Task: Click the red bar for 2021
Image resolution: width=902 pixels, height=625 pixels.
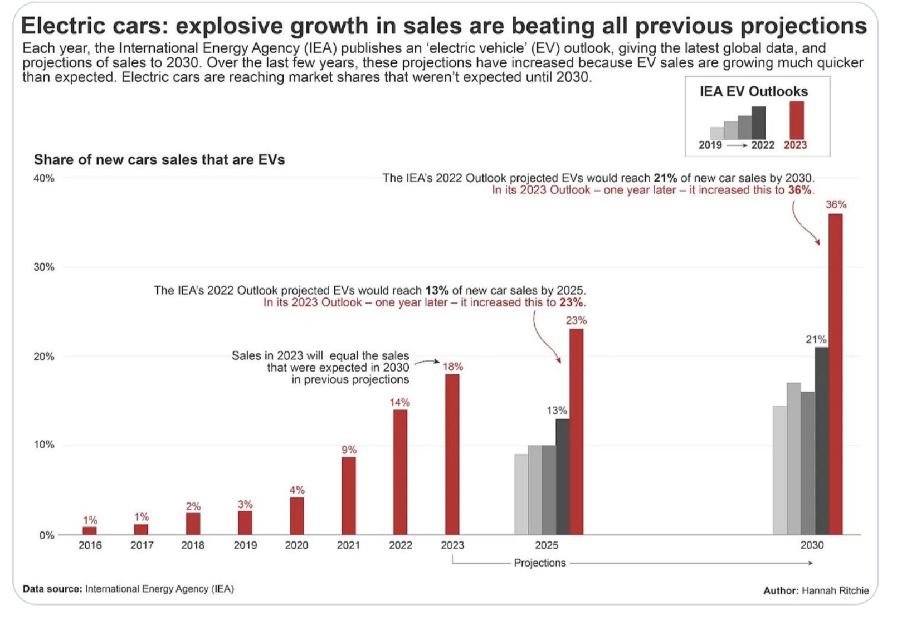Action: (349, 495)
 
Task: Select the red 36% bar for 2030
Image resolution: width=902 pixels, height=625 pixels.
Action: (835, 374)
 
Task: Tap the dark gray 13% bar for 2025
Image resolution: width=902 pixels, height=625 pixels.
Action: (562, 476)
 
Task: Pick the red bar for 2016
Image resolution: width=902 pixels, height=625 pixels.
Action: (90, 530)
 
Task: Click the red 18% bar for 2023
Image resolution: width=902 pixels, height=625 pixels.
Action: (452, 454)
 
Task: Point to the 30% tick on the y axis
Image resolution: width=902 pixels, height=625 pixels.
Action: (44, 267)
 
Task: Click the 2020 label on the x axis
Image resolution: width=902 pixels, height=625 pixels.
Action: (296, 545)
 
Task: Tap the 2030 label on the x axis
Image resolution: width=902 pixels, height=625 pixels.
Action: (812, 545)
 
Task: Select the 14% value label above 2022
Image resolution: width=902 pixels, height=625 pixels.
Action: (399, 402)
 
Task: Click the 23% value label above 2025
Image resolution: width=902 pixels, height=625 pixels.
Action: (576, 320)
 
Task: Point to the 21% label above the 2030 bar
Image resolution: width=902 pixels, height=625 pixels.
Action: (816, 339)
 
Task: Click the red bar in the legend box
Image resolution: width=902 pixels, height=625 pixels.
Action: (797, 120)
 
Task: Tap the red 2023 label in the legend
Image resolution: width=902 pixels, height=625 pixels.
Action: (795, 145)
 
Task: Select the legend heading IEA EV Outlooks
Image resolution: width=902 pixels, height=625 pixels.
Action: (754, 91)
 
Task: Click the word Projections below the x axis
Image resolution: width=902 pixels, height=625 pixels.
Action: (539, 563)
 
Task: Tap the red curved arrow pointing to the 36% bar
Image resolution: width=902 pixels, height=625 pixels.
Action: (802, 225)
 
